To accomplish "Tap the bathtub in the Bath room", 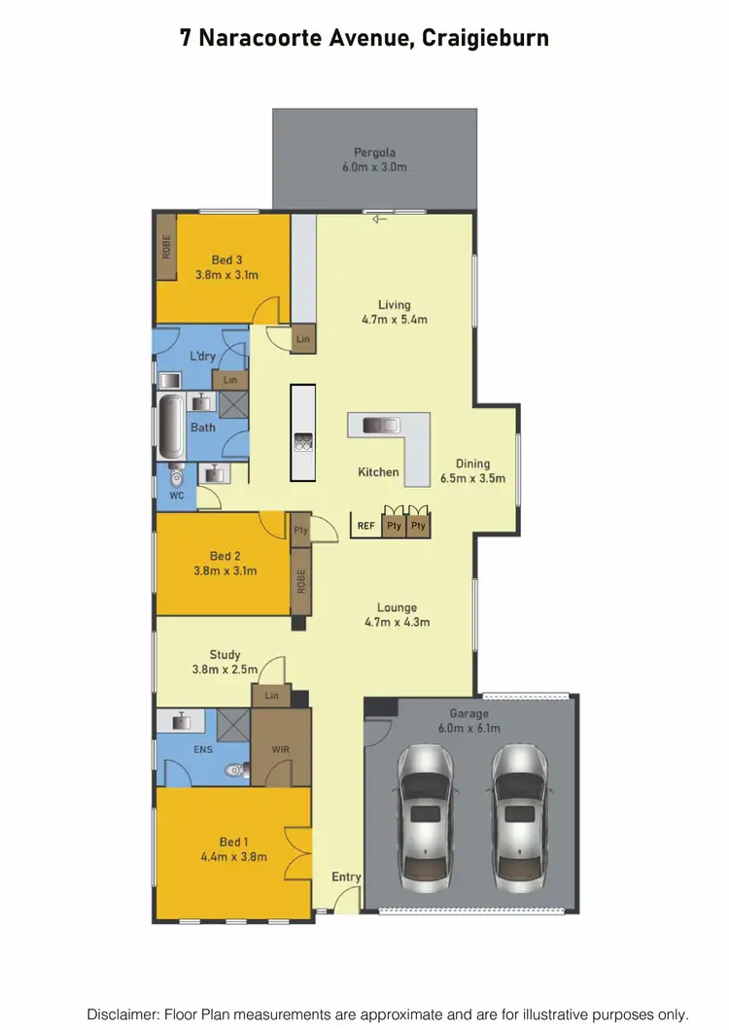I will point(171,429).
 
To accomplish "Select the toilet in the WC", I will point(176,476).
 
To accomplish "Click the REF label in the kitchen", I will point(365,526).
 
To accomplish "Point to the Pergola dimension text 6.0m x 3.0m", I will point(374,167).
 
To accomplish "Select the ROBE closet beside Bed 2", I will point(301,581).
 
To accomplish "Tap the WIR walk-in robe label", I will point(281,749).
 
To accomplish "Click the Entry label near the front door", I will point(346,876).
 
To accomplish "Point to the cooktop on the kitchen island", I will point(302,442).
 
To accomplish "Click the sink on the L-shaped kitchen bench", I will point(380,425).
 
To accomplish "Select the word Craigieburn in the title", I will point(486,38).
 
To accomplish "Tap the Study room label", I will point(225,654).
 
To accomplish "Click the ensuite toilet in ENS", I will point(234,771).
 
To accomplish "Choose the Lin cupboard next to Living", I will point(303,339).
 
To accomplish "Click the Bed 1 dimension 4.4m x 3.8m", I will point(233,857).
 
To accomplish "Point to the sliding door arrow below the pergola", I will point(379,219).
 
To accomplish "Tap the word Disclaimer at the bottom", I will point(123,1013).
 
